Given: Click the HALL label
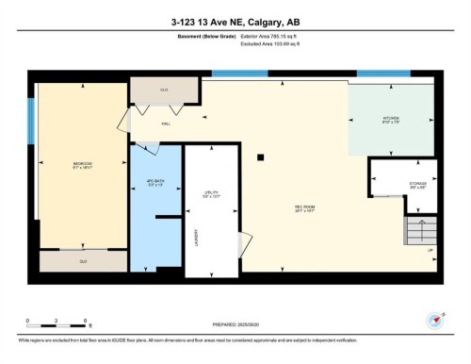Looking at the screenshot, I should tap(165, 123).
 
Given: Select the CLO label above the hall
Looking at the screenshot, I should tap(164, 90).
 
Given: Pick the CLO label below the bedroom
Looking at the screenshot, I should tap(83, 261).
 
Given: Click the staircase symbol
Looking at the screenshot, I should tap(421, 230).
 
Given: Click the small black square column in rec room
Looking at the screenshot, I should tap(262, 158).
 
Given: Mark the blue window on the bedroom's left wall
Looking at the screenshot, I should tap(30, 122).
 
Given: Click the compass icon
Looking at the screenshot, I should tap(434, 320).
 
